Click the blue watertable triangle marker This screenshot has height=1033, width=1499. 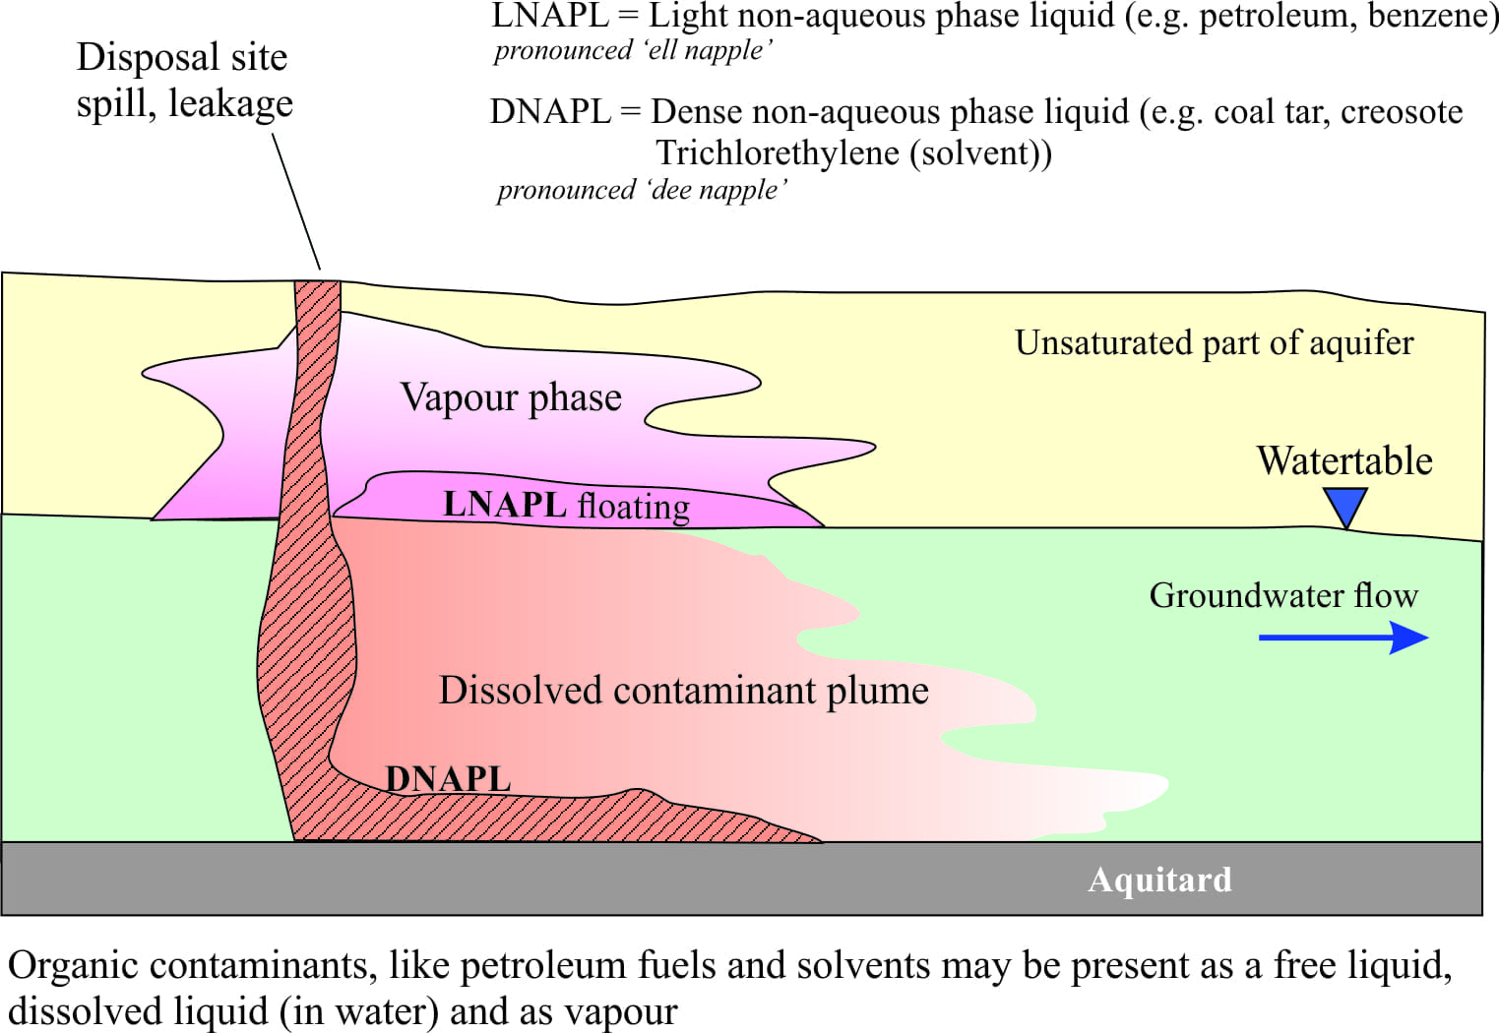1345,506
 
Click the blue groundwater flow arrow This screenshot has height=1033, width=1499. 1343,638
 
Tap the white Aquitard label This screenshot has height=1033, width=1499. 1159,880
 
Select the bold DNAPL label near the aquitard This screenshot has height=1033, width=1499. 449,779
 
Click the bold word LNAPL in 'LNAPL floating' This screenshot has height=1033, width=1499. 505,505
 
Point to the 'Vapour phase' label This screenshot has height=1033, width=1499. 511,398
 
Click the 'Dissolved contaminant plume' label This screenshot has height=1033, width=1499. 683,691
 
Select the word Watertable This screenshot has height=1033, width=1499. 1344,461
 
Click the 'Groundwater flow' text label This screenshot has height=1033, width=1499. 1283,595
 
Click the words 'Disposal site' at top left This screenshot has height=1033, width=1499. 181,57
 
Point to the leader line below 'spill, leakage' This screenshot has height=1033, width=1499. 296,202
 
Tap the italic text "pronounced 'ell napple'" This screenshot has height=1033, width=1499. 634,51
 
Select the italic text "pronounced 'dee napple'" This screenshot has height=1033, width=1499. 642,191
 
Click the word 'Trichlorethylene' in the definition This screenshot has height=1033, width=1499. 777,153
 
